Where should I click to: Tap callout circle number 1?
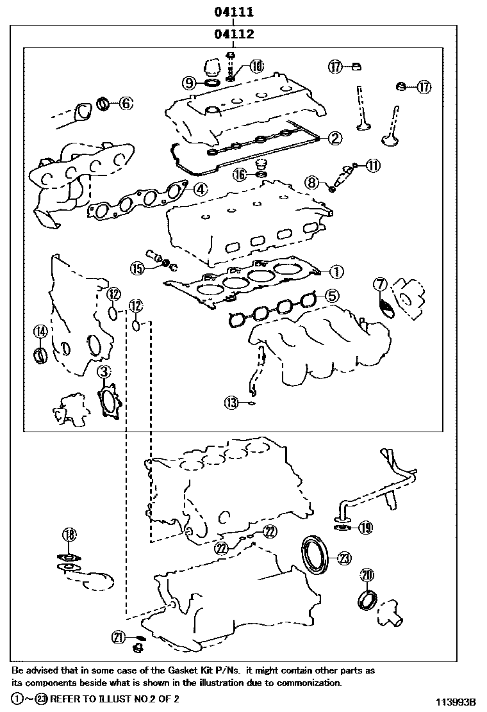336,271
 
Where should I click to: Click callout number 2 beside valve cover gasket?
336,137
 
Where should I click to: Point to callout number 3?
104,371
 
